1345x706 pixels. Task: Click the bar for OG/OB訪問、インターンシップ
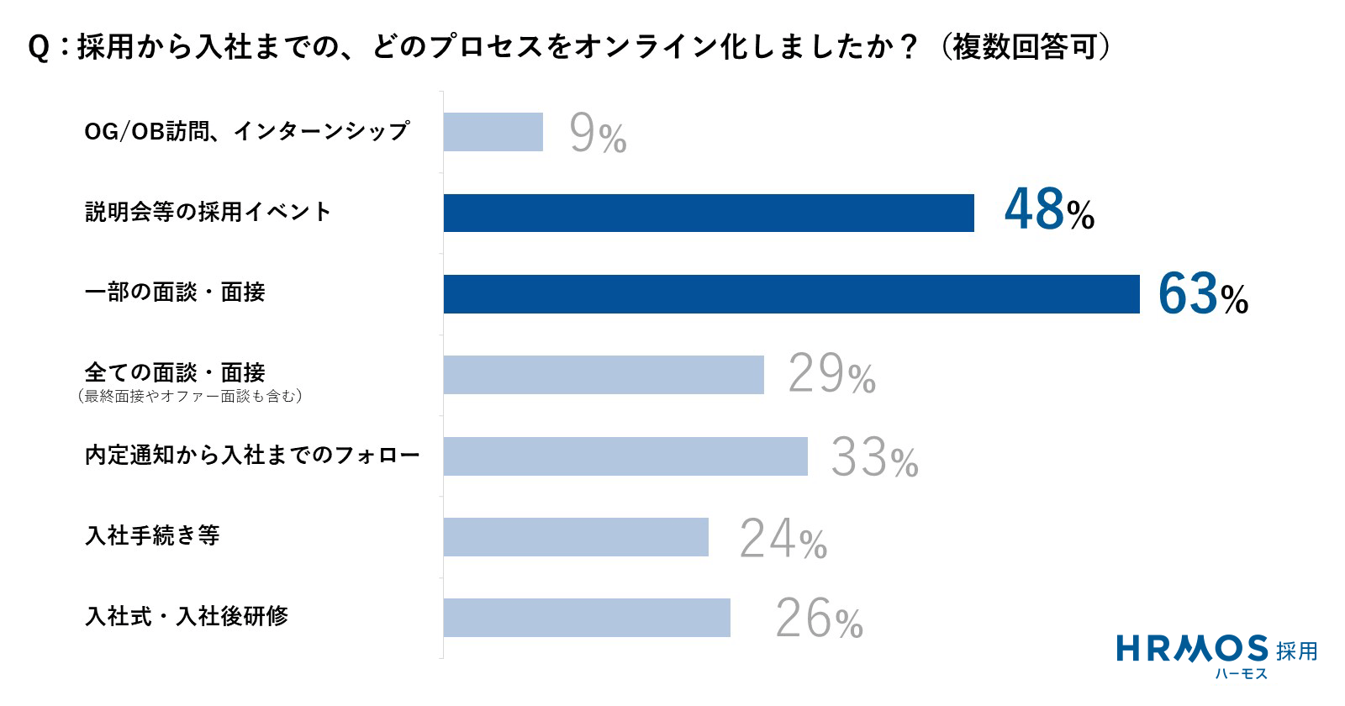pos(493,132)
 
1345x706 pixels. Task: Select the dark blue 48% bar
pos(709,213)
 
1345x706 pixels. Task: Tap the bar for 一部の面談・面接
pos(791,293)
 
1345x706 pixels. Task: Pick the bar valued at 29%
pos(604,374)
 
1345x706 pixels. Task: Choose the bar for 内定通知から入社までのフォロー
pos(625,456)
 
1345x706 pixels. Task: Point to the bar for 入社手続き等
pos(576,536)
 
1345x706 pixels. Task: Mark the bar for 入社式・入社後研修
pos(587,617)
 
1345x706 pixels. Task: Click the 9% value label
pos(598,134)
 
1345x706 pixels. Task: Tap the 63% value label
pos(1202,294)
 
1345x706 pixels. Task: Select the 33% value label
pos(874,458)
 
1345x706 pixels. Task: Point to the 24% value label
pos(783,539)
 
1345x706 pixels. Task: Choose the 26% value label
pos(819,619)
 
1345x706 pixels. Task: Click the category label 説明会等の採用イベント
pos(208,212)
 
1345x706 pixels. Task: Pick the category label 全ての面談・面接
pos(175,372)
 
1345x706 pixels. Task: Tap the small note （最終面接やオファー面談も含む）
pos(189,396)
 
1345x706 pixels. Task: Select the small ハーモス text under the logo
pos(1241,673)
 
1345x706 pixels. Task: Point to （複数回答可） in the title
pos(1025,47)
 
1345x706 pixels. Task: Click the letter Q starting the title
pos(39,48)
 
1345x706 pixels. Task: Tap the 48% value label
pos(1049,210)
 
